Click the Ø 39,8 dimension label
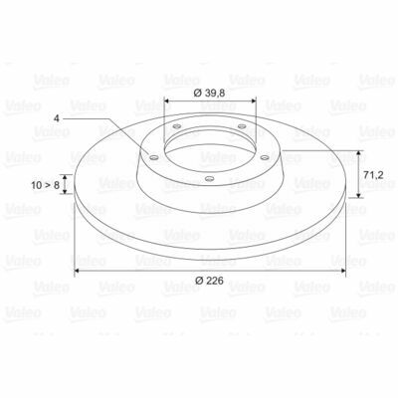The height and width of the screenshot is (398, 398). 209,94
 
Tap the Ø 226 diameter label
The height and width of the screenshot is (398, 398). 209,281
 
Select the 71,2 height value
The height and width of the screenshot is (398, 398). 373,175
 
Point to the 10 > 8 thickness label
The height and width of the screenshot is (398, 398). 46,185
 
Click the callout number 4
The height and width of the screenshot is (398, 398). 57,118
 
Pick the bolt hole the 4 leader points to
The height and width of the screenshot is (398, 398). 153,157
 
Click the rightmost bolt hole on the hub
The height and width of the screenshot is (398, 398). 265,157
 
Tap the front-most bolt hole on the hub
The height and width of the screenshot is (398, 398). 209,179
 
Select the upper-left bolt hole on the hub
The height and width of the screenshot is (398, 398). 177,126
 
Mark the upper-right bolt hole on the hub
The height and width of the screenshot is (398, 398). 242,126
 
